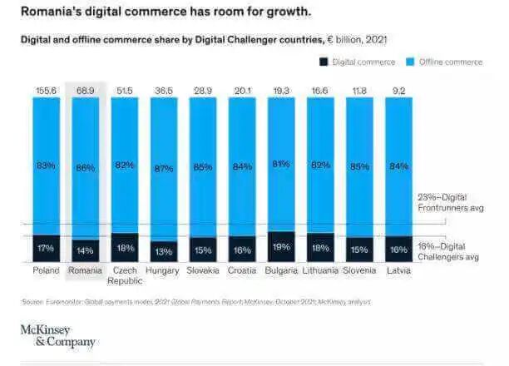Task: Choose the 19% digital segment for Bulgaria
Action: coord(281,246)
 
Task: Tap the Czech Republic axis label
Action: coord(126,275)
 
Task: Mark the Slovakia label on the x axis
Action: coord(203,270)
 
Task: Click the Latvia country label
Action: coord(398,270)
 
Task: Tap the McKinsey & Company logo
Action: coord(57,335)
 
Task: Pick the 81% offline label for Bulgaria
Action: coord(281,164)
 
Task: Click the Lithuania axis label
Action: coord(320,270)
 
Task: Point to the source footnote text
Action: coord(196,301)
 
